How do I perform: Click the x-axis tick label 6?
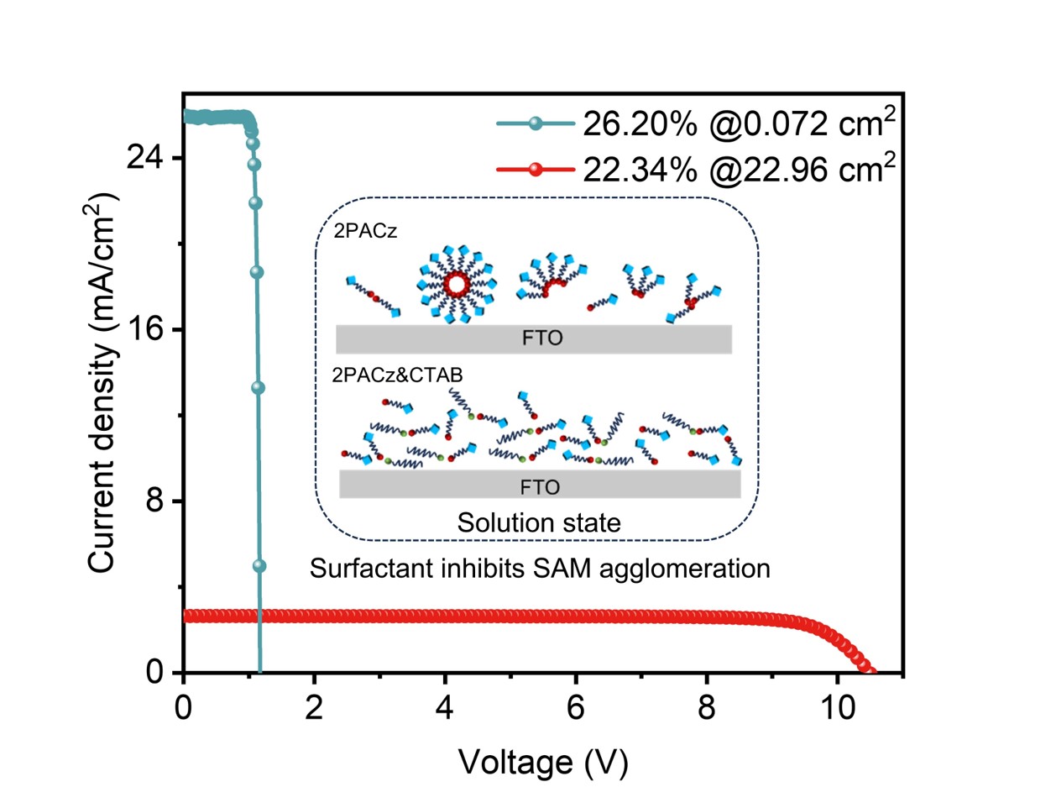[x=575, y=708]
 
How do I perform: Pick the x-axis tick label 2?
[x=314, y=708]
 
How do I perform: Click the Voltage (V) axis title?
[x=543, y=762]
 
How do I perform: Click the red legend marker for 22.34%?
[x=535, y=170]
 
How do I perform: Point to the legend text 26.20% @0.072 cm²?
[x=739, y=124]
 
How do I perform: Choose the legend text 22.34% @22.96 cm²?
[x=739, y=170]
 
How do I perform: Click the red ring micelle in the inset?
[x=456, y=285]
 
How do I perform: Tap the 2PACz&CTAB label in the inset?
[x=397, y=375]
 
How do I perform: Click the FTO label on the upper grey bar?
[x=542, y=339]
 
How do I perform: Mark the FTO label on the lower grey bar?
[x=540, y=486]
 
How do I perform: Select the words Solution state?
[x=539, y=522]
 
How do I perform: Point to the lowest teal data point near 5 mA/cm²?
[x=259, y=566]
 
